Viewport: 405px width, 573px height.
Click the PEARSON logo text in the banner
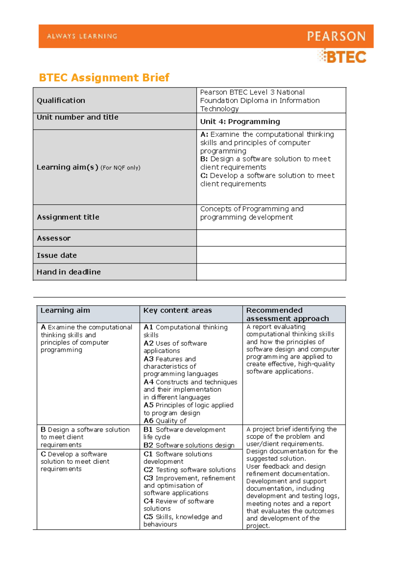pyautogui.click(x=336, y=36)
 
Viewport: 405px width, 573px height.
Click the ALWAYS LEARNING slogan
pyautogui.click(x=82, y=36)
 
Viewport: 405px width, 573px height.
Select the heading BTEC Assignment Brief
pyautogui.click(x=104, y=78)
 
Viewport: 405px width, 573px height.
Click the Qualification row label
pyautogui.click(x=61, y=100)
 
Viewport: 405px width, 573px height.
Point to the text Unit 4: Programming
pyautogui.click(x=240, y=122)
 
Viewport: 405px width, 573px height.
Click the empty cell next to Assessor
pyautogui.click(x=271, y=238)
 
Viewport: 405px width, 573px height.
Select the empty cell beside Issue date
pyautogui.click(x=271, y=255)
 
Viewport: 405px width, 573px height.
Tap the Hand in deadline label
pyautogui.click(x=69, y=272)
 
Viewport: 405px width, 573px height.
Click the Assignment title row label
pyautogui.click(x=68, y=217)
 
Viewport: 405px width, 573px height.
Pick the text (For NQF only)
pyautogui.click(x=120, y=168)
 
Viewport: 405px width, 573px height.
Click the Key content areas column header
pyautogui.click(x=178, y=310)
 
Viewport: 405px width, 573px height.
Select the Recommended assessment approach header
pyautogui.click(x=287, y=314)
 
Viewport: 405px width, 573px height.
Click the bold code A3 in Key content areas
pyautogui.click(x=148, y=359)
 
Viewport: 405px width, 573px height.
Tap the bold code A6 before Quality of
pyautogui.click(x=148, y=421)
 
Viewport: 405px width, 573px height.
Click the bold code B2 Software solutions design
pyautogui.click(x=148, y=445)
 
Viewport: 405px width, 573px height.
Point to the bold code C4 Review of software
pyautogui.click(x=148, y=501)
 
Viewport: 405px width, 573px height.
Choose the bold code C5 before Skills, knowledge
pyautogui.click(x=148, y=517)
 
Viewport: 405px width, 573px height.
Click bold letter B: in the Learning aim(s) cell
pyautogui.click(x=204, y=159)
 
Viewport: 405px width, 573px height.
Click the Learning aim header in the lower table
pyautogui.click(x=65, y=310)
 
